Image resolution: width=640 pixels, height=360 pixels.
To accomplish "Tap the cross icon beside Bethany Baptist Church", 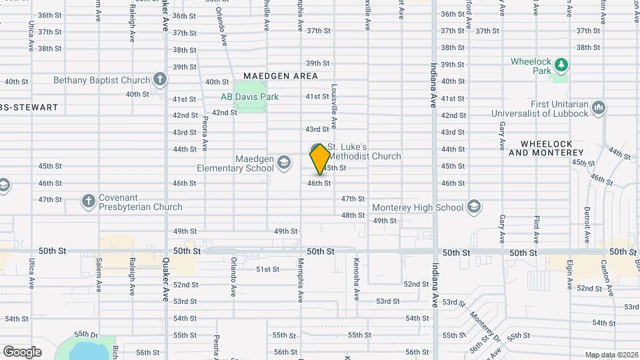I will (x=159, y=80).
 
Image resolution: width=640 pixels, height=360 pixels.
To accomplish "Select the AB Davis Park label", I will (x=249, y=97).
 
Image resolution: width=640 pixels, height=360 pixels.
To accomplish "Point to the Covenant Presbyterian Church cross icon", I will (x=88, y=201).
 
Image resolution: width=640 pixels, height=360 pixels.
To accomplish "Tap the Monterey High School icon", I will (x=473, y=207).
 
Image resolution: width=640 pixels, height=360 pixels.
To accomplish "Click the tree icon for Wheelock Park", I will (x=562, y=65).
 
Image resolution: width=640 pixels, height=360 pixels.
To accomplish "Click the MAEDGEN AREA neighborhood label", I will (x=280, y=76).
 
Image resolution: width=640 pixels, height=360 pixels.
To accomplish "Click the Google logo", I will (x=22, y=351).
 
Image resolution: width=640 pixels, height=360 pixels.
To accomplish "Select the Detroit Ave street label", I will (x=587, y=225).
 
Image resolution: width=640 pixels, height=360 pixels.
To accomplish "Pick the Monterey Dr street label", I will (x=484, y=325).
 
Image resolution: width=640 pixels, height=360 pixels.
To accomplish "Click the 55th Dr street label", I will (x=86, y=333).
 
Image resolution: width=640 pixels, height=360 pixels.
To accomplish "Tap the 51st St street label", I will (x=267, y=269).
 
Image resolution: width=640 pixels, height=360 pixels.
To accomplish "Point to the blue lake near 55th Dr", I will (x=87, y=350).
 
